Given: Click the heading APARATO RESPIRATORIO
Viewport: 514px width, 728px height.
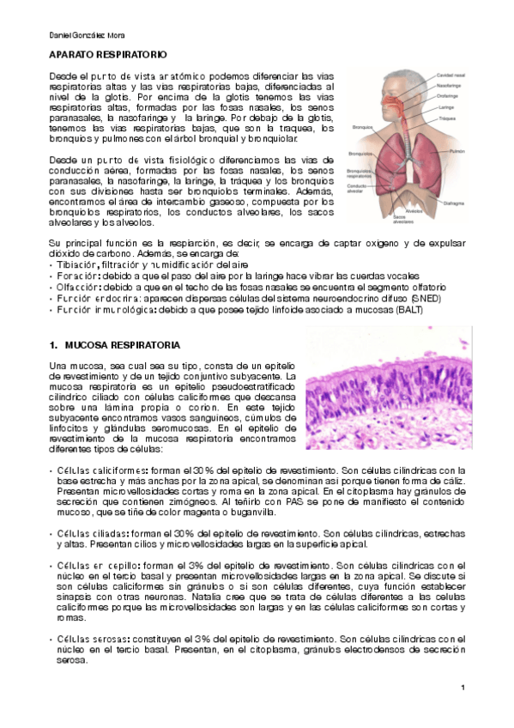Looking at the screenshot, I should click(102, 54).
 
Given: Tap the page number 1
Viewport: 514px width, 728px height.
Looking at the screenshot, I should click(462, 689).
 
